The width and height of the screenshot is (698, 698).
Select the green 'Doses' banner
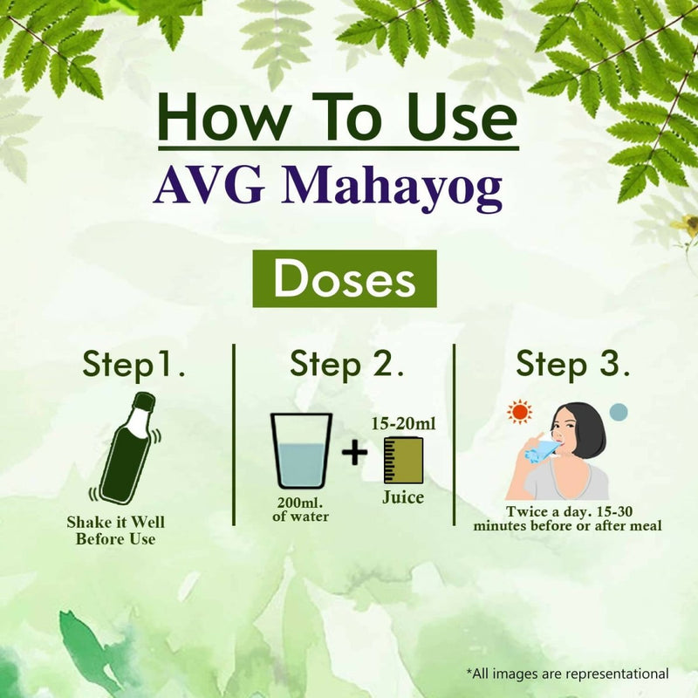click(344, 278)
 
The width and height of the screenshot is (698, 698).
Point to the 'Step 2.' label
click(346, 365)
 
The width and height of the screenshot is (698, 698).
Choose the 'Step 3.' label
click(573, 365)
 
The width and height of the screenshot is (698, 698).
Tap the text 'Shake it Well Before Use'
click(115, 530)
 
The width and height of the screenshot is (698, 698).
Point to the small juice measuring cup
click(403, 460)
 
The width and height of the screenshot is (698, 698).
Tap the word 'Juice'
click(403, 498)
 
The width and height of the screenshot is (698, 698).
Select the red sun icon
click(521, 410)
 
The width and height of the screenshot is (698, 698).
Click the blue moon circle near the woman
click(618, 412)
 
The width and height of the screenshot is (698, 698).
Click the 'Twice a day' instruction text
click(568, 518)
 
